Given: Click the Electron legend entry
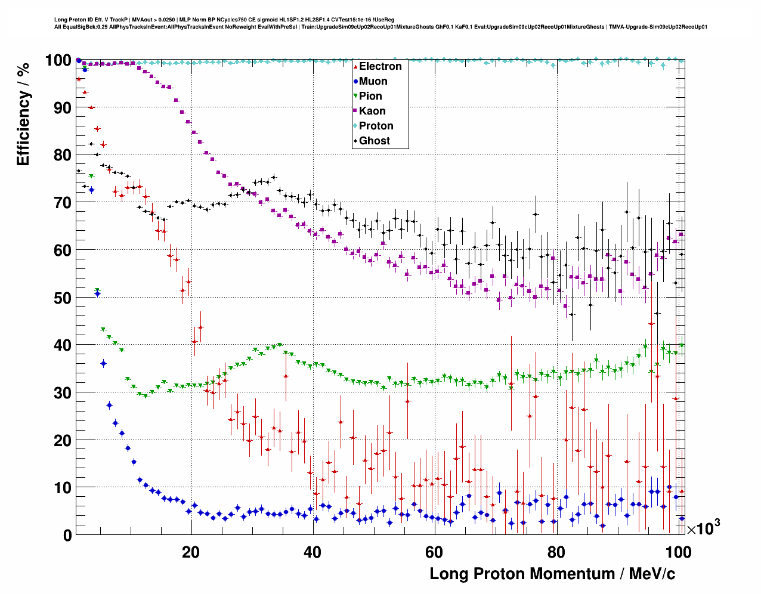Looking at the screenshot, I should [x=380, y=66].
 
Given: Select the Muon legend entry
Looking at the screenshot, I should [x=373, y=81].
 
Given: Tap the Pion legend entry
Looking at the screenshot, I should [x=370, y=96].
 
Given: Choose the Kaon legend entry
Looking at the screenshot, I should [x=372, y=111].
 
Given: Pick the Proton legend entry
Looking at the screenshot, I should [x=376, y=126].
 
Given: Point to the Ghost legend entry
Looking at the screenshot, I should [x=374, y=141].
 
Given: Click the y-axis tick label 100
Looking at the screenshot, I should [x=58, y=60].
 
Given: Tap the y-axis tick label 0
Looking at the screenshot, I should [x=67, y=535].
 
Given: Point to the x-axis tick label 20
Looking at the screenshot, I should [x=191, y=552].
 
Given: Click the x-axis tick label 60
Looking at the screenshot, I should [x=434, y=552].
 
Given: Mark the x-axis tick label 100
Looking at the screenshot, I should [x=678, y=552].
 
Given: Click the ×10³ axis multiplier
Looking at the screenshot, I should [x=703, y=528].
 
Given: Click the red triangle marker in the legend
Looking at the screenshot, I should [x=355, y=66].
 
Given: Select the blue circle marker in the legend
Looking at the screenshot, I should [x=355, y=81].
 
